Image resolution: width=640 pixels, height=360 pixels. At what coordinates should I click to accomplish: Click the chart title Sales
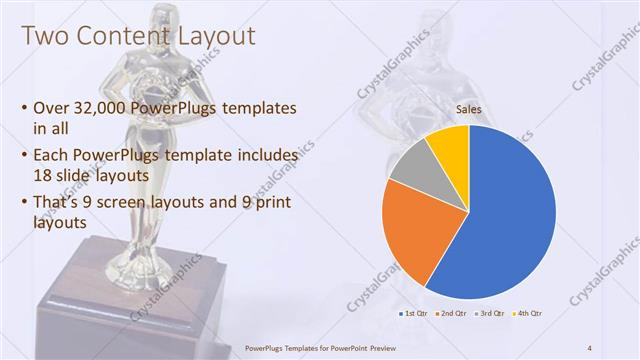pos(469,109)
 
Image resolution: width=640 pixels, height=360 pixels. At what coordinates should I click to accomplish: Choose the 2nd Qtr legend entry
pos(453,315)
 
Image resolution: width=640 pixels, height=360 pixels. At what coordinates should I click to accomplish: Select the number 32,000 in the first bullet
pos(102,108)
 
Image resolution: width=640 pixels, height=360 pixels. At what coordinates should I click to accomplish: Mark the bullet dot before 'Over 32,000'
pos(24,109)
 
